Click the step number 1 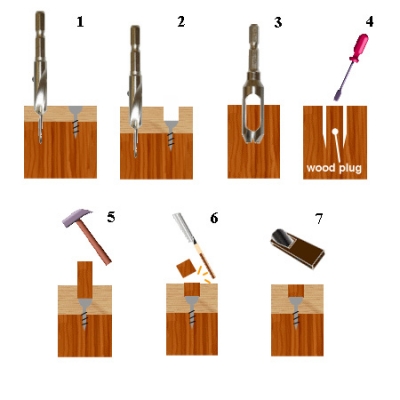coord(80,22)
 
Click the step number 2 coord(181,22)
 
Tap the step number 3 coord(278,22)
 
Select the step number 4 coord(369,22)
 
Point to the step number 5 coord(111,217)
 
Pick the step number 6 coord(214,218)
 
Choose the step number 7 coord(319,219)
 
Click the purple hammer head coord(76,218)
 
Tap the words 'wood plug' coord(334,168)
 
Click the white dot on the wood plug coord(335,132)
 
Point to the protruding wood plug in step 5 coord(85,279)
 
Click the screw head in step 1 coord(76,112)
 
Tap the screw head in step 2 coord(171,126)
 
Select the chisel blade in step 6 coord(183,228)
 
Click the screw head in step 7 coord(296,302)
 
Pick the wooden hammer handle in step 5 coord(95,243)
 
